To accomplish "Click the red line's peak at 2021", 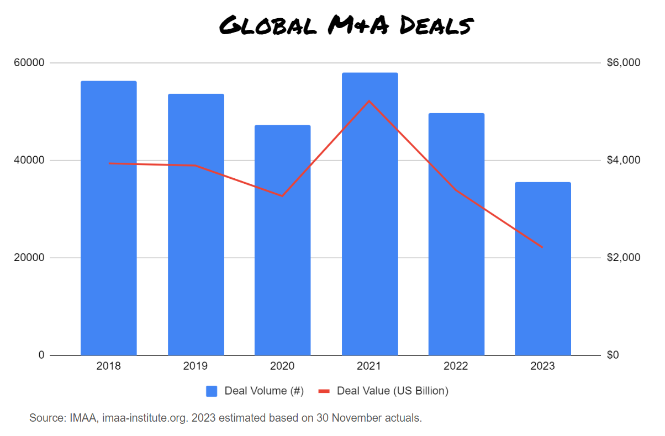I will pos(369,101).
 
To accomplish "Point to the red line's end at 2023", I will pos(542,247).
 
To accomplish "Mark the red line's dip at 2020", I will pos(282,196).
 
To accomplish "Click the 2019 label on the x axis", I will pos(196,366).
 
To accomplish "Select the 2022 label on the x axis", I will pos(456,366).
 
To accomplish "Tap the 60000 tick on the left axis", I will pos(29,63).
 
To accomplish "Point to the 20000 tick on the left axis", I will pos(29,258).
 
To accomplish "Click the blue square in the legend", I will pos(212,391).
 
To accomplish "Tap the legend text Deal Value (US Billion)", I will pos(392,391).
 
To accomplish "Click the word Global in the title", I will pos(267,25).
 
